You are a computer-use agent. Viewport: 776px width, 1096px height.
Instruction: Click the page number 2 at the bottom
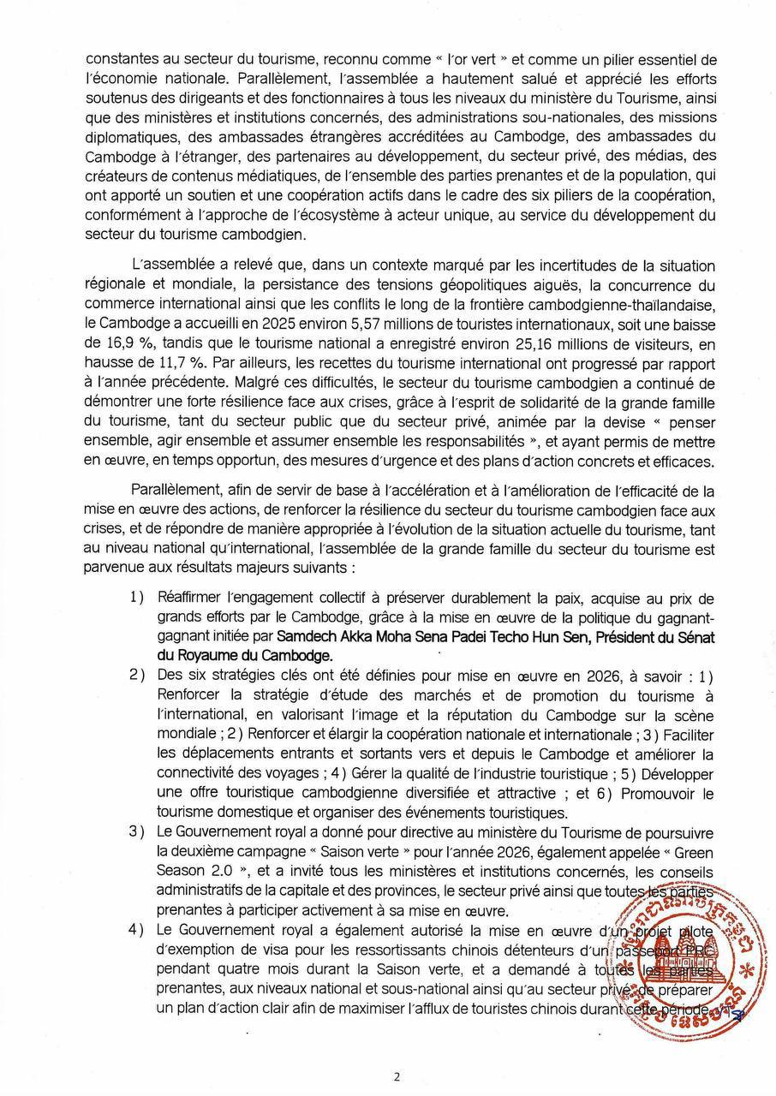pyautogui.click(x=397, y=1077)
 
